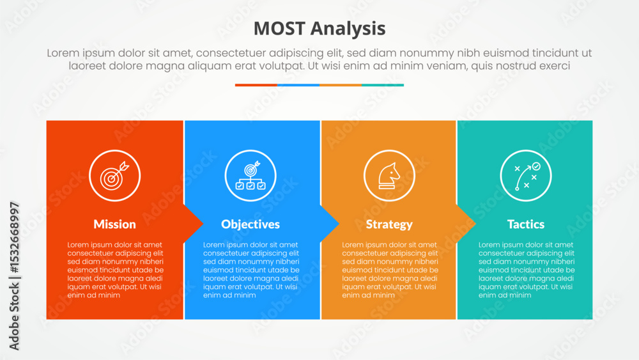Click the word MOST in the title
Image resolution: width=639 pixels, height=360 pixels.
pos(279,29)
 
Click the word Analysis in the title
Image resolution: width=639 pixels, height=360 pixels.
pos(348,29)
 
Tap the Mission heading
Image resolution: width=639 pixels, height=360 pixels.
pos(114,224)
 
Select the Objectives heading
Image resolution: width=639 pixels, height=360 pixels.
pos(250,224)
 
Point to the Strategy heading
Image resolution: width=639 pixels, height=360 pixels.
pos(389,224)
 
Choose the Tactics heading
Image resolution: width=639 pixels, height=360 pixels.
pos(526,224)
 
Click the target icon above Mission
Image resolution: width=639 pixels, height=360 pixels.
pos(115,176)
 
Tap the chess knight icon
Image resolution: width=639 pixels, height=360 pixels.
pos(389,176)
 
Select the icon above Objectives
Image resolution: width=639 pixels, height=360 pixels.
pos(250,176)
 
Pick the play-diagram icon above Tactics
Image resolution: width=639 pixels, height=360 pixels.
pos(526,176)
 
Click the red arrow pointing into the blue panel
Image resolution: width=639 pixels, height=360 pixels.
pos(193,223)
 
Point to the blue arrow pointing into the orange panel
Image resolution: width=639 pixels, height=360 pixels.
pos(330,223)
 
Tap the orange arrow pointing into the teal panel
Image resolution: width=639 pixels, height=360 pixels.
pos(466,223)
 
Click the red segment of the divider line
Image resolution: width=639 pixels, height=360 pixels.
pos(256,85)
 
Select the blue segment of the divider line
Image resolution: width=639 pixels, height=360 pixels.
pos(298,85)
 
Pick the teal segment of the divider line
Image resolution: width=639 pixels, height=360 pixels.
pos(383,85)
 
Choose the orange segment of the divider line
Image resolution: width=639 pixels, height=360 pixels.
pos(341,85)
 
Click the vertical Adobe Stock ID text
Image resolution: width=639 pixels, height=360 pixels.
pos(14,276)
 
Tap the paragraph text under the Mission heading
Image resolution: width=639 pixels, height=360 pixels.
pos(115,270)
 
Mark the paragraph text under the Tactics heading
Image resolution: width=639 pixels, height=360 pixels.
pos(527,270)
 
